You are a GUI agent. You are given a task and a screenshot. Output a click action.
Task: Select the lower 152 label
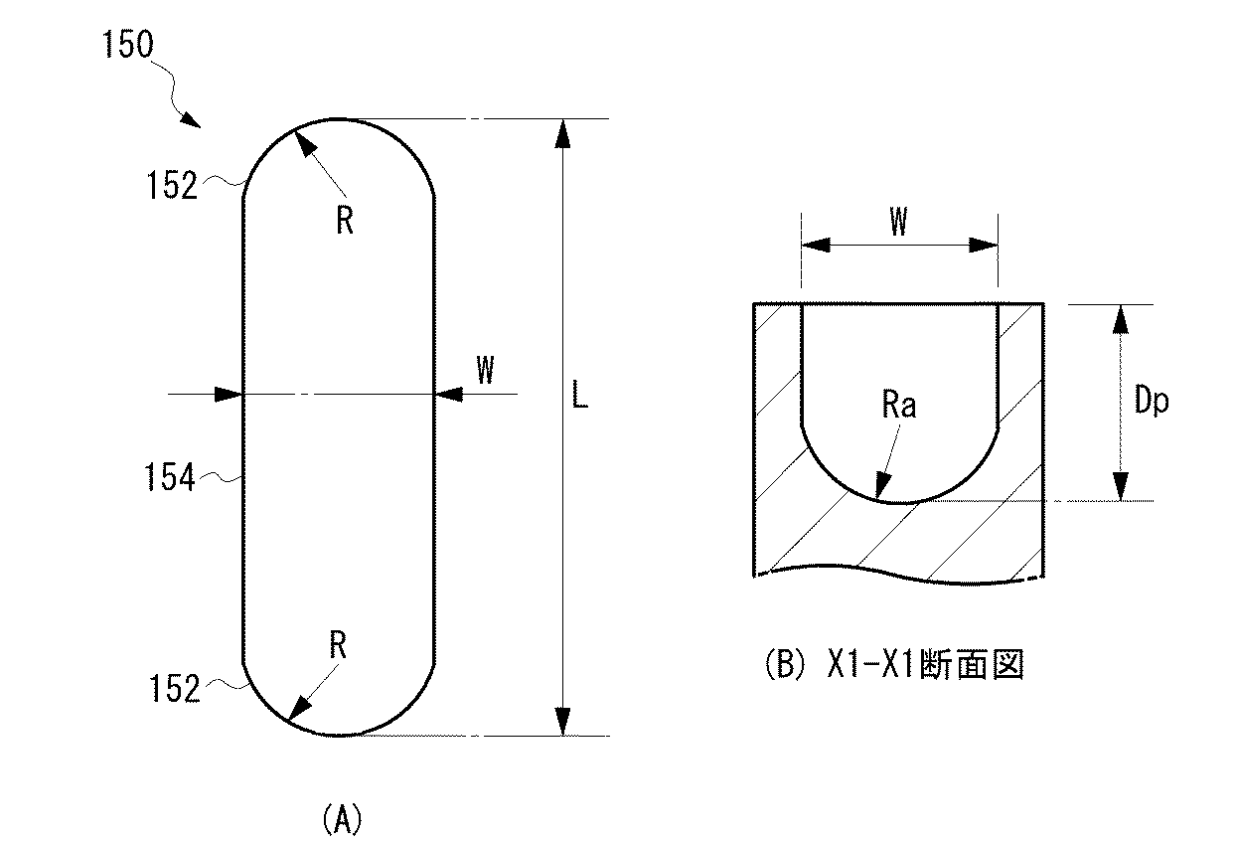(175, 688)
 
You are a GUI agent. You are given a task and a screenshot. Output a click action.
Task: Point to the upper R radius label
(344, 221)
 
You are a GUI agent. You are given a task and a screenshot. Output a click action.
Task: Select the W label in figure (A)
(484, 371)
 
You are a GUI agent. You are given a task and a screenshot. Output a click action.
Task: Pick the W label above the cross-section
(898, 223)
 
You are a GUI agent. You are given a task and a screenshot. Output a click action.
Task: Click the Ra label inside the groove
(897, 406)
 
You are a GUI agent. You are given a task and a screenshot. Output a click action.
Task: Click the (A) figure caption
(343, 820)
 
